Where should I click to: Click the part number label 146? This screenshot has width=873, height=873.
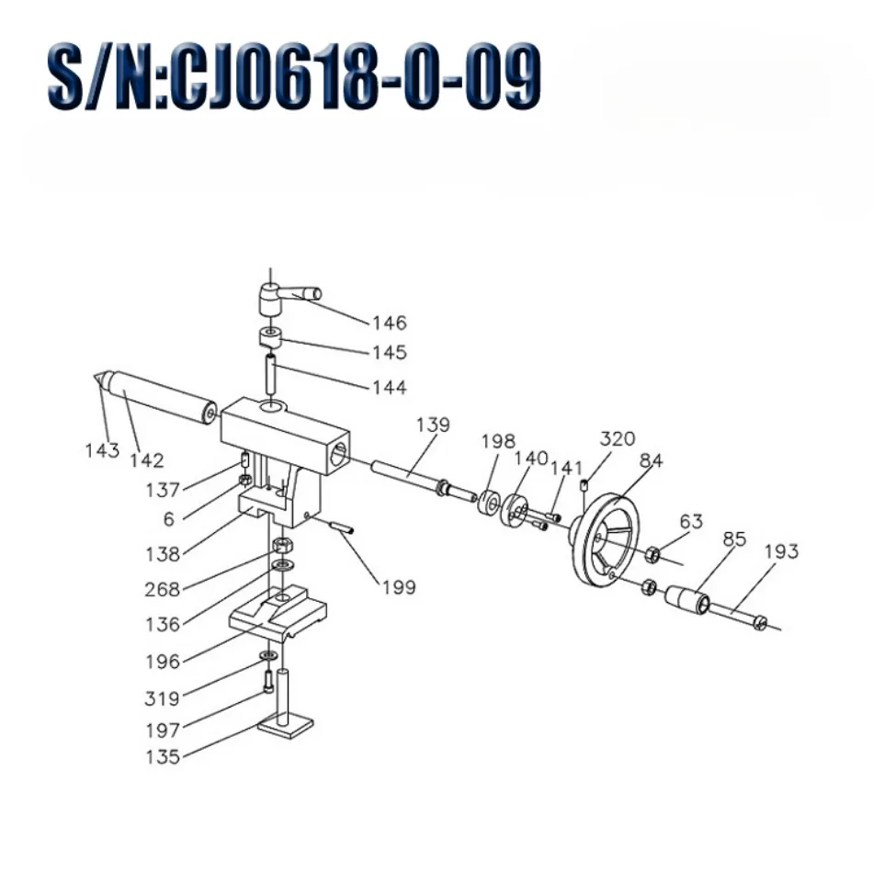[x=389, y=323]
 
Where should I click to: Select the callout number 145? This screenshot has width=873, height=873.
[x=389, y=352]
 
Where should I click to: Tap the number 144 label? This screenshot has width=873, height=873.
[x=389, y=388]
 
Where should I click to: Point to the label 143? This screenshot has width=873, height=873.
[x=102, y=450]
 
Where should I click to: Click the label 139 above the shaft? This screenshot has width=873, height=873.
[x=432, y=425]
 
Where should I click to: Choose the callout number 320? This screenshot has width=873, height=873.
[x=618, y=438]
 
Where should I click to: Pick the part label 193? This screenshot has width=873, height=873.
[x=780, y=551]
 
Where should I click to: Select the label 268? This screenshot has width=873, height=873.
[x=163, y=589]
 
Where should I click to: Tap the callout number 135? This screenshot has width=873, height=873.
[x=163, y=757]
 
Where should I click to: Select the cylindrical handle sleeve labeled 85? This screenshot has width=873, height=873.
[x=687, y=600]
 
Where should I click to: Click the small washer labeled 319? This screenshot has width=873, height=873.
[x=268, y=654]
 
